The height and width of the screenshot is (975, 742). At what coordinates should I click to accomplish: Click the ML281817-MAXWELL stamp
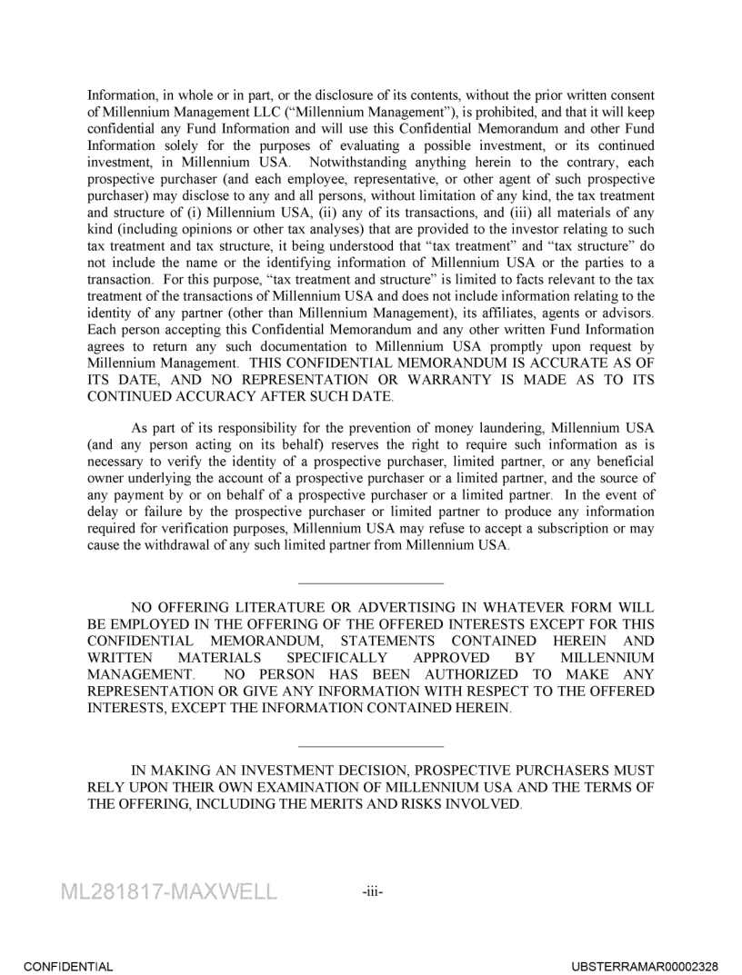[x=168, y=891]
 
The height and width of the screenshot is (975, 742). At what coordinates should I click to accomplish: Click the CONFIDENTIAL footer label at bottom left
[x=68, y=967]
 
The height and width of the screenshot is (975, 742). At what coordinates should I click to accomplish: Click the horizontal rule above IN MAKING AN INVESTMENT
[x=371, y=745]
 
